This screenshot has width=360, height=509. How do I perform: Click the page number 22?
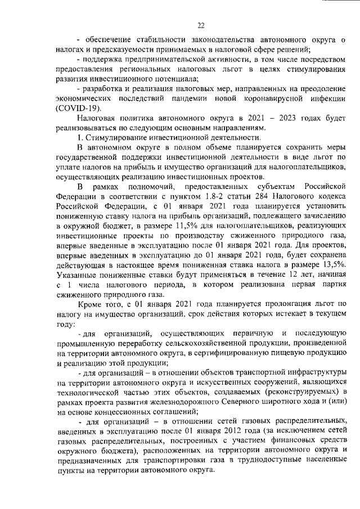click(x=200, y=24)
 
